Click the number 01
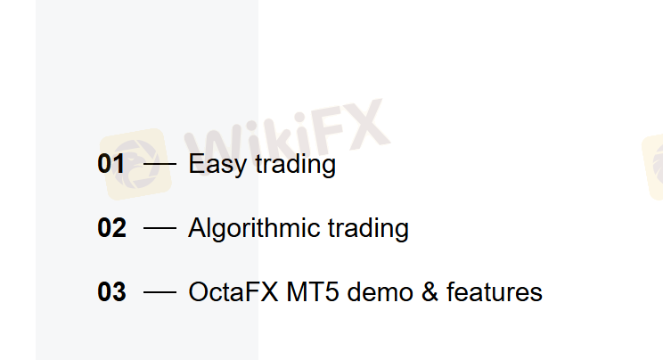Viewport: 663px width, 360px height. click(x=111, y=164)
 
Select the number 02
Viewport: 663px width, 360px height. click(x=111, y=228)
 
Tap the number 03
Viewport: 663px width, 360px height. click(x=111, y=292)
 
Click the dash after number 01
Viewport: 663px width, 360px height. click(x=160, y=164)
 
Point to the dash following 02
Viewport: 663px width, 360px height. click(x=160, y=228)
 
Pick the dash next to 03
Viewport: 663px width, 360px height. click(x=160, y=292)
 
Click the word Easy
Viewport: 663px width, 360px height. click(x=217, y=165)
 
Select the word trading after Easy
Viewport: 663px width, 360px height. click(x=296, y=164)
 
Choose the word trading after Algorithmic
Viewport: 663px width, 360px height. click(x=368, y=229)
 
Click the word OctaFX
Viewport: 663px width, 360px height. click(x=233, y=292)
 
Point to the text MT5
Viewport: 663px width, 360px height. click(x=313, y=292)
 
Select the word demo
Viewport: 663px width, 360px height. click(x=381, y=292)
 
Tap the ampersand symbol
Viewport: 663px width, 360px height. click(x=430, y=292)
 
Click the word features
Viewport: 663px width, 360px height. click(x=495, y=292)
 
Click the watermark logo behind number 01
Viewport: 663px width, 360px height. click(x=135, y=164)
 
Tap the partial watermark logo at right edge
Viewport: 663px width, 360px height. click(x=653, y=167)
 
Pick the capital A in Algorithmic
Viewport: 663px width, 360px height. click(x=198, y=228)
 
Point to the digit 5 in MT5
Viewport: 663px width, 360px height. click(x=331, y=292)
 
